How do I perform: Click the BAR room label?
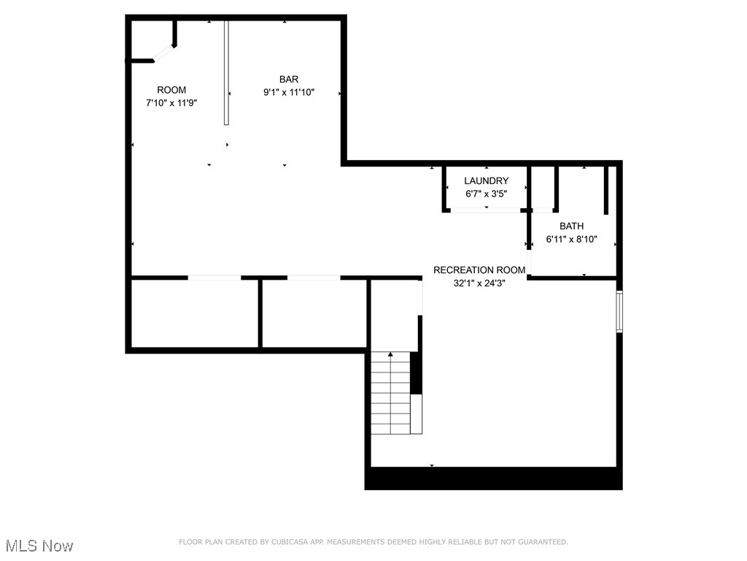pos(288,79)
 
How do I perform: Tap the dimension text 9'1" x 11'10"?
pos(288,92)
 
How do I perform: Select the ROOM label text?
pos(171,90)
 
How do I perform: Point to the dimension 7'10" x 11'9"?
pos(171,103)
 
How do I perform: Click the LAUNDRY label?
pos(487,180)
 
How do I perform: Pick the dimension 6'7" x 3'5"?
pos(487,194)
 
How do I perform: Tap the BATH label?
pos(571,226)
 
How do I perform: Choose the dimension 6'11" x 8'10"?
pos(572,239)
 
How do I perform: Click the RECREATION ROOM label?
pos(479,270)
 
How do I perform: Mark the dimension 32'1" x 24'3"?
pos(479,283)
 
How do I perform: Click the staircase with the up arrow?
pos(391,392)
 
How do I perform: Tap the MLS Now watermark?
pos(39,546)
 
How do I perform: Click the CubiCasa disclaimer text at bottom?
pos(373,542)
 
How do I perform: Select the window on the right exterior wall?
pos(619,311)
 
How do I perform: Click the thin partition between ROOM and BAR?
pos(227,73)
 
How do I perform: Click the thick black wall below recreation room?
pos(493,478)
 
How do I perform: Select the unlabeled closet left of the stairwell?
pos(314,313)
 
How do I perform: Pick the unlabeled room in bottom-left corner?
pos(194,313)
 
